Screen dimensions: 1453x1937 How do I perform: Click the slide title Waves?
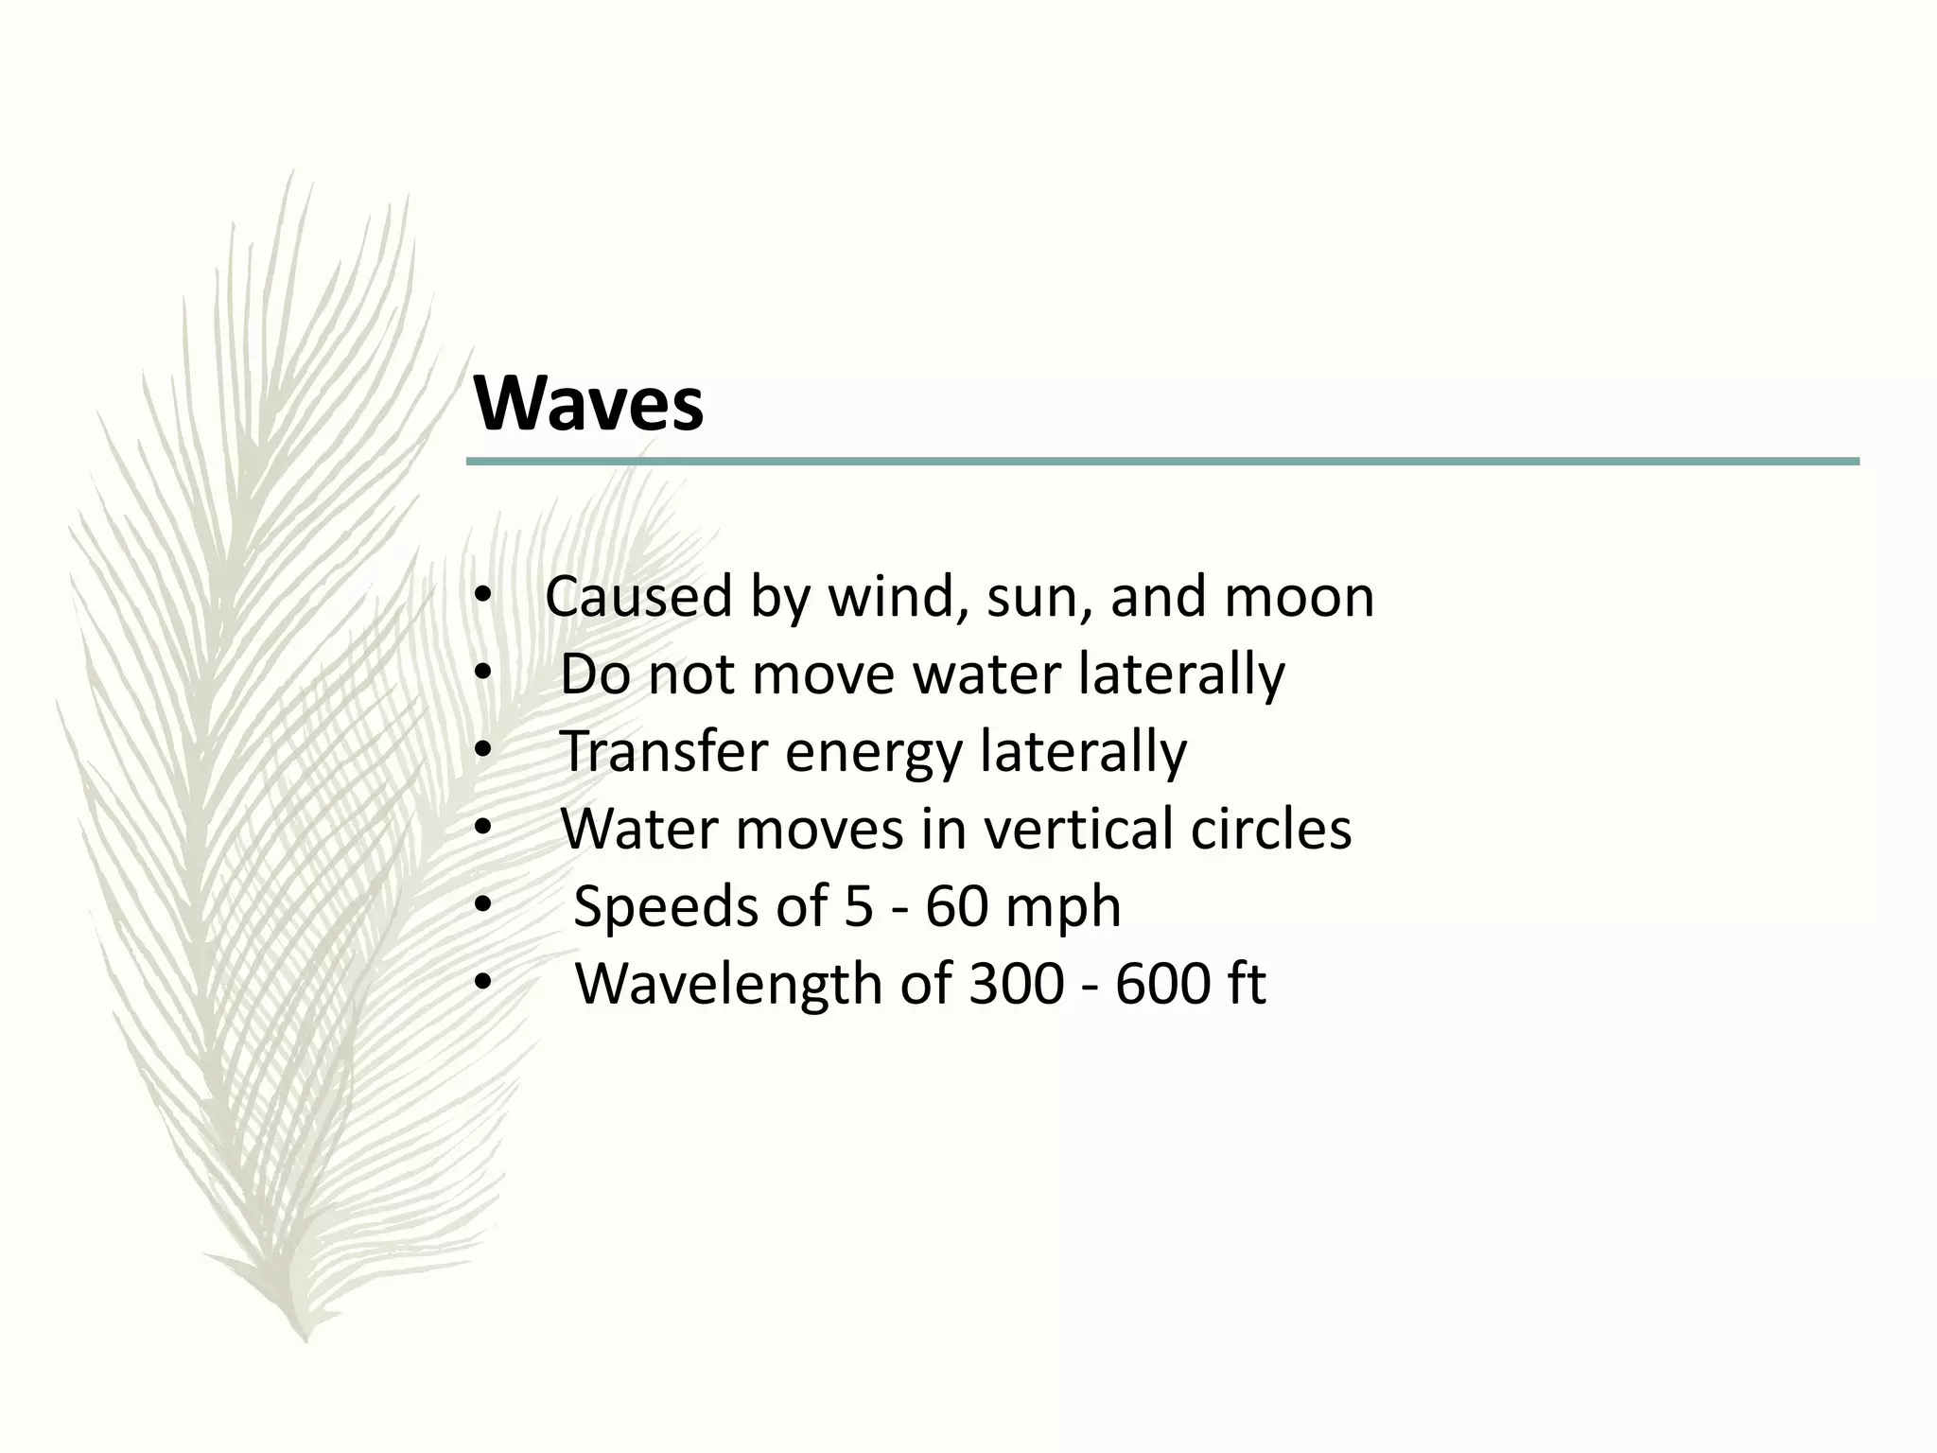coord(588,404)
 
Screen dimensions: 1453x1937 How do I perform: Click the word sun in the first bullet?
coord(1037,598)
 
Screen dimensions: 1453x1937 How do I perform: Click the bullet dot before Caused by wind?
coord(482,598)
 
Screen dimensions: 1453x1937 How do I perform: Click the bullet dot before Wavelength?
coord(482,985)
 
